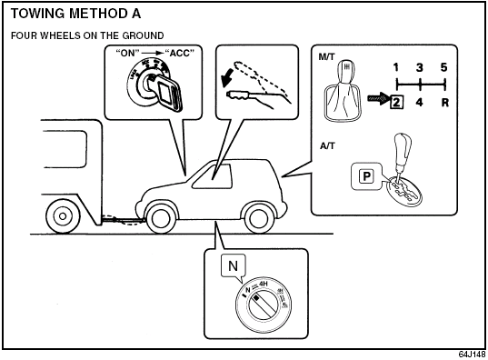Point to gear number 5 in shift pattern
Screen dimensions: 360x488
click(443, 66)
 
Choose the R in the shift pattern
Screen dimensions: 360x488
click(444, 102)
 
